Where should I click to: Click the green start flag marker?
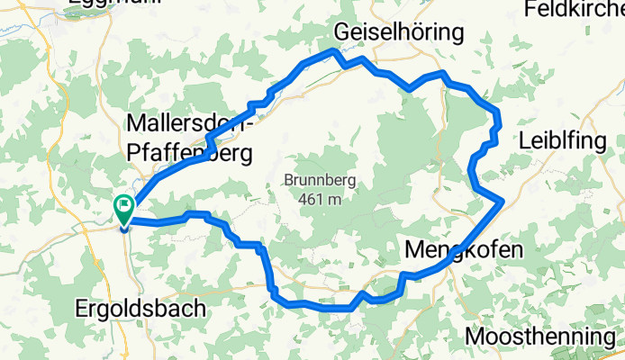pos(122,208)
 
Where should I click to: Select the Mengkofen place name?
pos(464,248)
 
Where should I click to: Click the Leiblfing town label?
pos(559,141)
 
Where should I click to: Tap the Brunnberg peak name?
pos(320,180)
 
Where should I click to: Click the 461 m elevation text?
pos(320,199)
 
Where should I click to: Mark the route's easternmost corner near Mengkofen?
pos(503,202)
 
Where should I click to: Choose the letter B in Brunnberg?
pos(288,180)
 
